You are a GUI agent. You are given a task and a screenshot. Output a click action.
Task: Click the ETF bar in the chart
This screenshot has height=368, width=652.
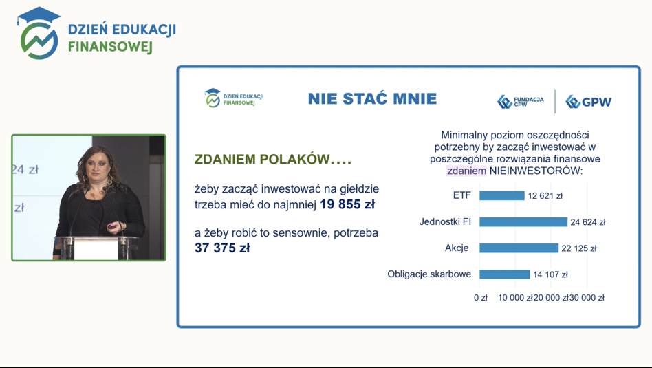502,195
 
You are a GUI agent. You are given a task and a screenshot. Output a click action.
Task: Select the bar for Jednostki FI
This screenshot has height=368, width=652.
523,222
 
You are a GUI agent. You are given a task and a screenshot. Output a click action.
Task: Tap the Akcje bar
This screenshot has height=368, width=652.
519,248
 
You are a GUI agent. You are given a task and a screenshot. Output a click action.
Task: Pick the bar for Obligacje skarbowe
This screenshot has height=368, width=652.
505,274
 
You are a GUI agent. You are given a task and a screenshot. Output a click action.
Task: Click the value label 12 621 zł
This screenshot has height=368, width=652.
545,196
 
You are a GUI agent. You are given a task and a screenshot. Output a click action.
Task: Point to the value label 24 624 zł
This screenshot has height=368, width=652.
588,222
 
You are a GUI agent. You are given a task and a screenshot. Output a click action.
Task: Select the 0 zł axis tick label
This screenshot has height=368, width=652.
480,298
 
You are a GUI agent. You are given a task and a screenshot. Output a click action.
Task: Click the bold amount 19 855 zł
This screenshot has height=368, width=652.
347,204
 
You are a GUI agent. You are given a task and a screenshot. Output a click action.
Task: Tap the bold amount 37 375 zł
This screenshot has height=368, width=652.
222,248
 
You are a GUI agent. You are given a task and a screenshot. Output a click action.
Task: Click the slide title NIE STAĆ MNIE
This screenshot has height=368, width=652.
372,99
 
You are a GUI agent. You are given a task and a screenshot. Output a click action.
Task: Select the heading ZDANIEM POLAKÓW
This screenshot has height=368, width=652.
273,160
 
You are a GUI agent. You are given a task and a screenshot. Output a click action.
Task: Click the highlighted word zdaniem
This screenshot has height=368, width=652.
466,171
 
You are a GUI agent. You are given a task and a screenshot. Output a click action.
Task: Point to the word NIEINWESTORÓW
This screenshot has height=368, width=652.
536,171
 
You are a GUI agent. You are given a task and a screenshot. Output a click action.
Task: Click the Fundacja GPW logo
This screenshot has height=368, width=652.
521,102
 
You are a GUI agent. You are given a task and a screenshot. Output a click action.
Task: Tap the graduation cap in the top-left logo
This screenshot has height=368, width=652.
39,16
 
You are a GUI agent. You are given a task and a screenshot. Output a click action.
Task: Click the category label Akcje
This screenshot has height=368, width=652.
457,248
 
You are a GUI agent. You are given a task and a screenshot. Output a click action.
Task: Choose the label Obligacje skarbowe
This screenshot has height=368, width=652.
429,274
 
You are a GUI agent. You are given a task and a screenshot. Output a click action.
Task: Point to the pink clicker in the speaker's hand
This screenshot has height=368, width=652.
111,226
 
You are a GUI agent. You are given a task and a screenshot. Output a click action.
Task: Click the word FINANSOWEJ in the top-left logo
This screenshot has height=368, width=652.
110,47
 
